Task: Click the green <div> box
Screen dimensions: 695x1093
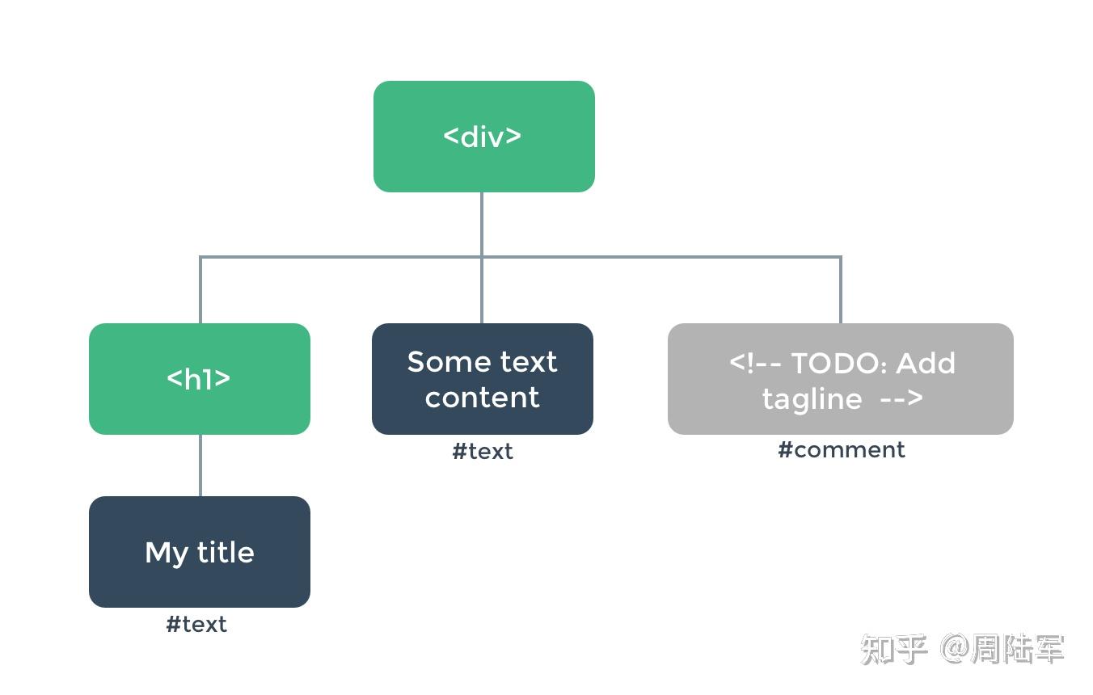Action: (x=483, y=136)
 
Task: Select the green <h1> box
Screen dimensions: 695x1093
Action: (x=199, y=378)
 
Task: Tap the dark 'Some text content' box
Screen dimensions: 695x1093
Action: (x=482, y=378)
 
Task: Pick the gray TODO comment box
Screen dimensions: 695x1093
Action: (x=840, y=378)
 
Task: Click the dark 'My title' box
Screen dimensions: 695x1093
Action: (x=199, y=551)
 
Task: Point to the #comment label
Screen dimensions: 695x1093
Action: (x=841, y=450)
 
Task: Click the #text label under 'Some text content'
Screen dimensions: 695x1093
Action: (x=482, y=451)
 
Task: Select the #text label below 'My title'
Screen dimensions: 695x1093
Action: (x=196, y=624)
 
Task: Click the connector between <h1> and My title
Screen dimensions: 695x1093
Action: (x=200, y=465)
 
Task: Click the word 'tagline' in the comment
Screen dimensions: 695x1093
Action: (x=812, y=398)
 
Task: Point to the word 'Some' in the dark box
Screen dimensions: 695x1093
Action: (x=443, y=361)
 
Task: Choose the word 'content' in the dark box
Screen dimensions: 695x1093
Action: (x=482, y=397)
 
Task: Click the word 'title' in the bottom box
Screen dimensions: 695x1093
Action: (x=225, y=552)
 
